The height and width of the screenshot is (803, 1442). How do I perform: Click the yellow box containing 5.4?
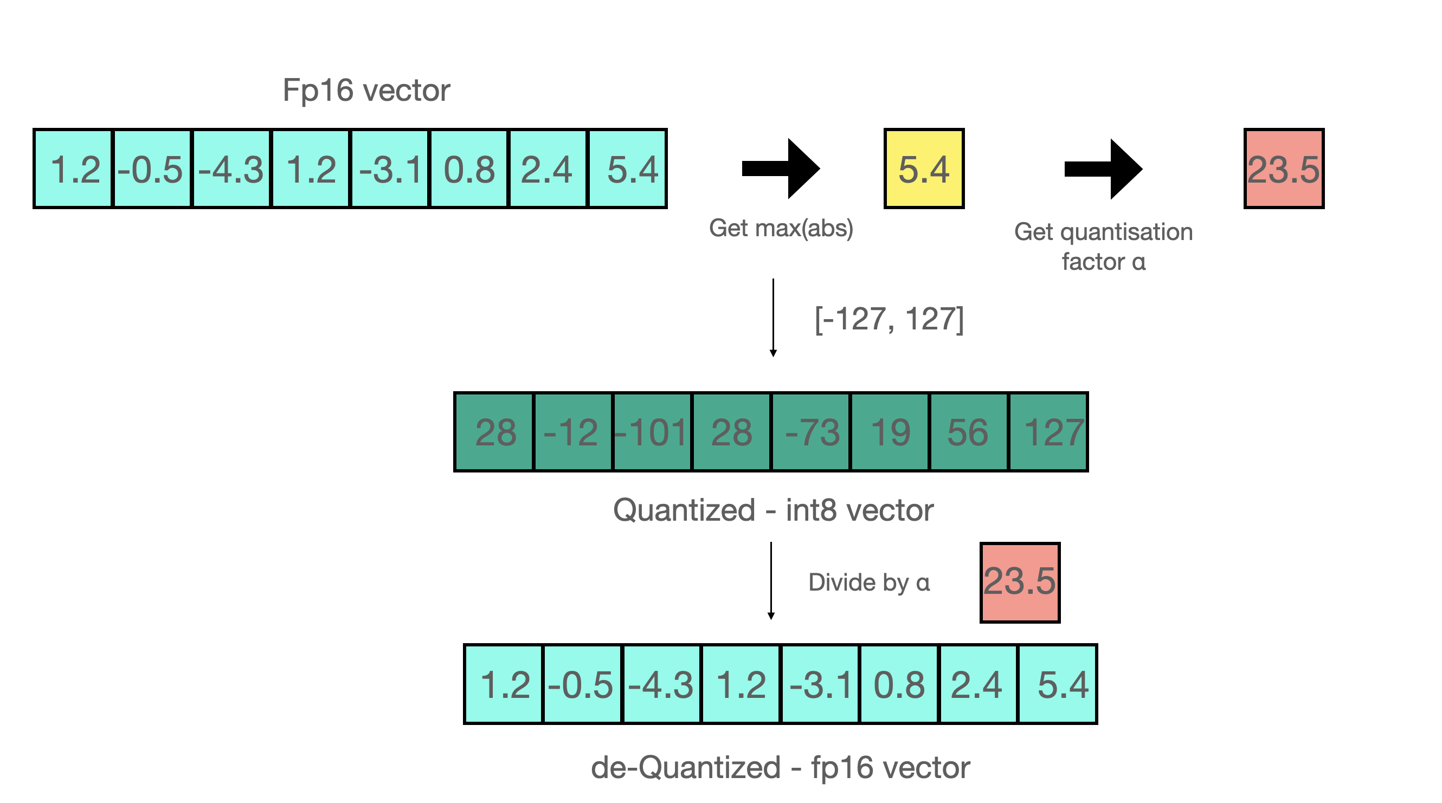tap(924, 169)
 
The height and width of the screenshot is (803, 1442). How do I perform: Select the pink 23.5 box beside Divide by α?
tap(1019, 582)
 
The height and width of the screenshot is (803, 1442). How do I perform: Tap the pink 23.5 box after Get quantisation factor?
tap(1284, 169)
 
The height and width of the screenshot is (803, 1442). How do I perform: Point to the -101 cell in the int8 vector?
tap(652, 432)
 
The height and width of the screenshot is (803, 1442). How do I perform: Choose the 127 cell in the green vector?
tap(1048, 432)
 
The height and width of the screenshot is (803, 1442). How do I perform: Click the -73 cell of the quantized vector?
tap(810, 432)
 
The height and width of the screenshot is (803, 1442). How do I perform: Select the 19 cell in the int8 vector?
tap(890, 432)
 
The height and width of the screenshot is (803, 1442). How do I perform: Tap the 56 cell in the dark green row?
tap(968, 432)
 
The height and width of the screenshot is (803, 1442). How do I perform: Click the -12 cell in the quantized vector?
tap(572, 432)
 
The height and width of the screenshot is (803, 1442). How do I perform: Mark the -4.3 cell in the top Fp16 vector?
tap(231, 169)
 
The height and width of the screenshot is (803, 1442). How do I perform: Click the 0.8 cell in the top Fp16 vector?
tap(469, 169)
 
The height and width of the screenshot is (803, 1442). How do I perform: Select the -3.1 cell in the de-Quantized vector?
tap(820, 684)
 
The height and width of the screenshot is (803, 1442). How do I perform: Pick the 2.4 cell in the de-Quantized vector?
tap(977, 684)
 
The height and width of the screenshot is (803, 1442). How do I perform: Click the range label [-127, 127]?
tap(889, 320)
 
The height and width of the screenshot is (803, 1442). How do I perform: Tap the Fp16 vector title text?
tap(366, 90)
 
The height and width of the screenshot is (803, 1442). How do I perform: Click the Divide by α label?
tap(869, 582)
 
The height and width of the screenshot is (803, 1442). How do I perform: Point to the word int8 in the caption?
tap(810, 510)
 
